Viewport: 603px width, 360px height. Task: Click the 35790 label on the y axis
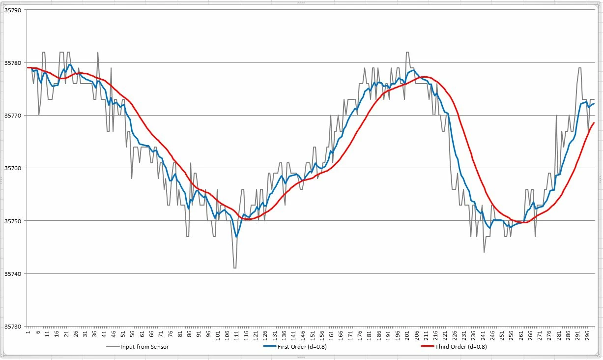pos(12,10)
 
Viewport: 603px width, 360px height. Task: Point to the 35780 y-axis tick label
pos(12,63)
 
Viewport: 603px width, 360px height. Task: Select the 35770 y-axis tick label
pos(12,116)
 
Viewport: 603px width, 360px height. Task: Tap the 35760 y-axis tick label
pos(12,168)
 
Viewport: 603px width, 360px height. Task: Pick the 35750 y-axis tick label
pos(12,221)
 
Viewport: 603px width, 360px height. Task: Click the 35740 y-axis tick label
pos(12,274)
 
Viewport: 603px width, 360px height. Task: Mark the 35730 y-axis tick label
pos(12,327)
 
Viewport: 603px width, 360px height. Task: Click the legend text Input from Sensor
pos(145,347)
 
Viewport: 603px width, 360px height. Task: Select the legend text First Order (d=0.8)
pos(302,347)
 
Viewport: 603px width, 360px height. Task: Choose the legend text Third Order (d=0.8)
pos(461,347)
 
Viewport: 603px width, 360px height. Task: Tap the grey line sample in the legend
pos(113,346)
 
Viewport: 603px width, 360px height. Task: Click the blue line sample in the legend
pos(270,346)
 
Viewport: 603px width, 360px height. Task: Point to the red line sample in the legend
pos(428,346)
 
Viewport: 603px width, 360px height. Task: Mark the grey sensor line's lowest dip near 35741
pos(235,268)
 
